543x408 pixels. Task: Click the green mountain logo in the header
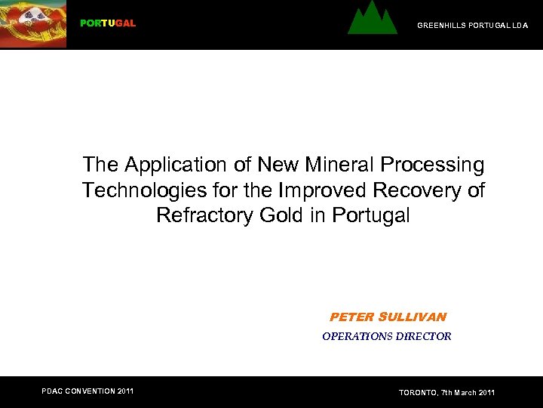(372, 20)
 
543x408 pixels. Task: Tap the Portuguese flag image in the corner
(33, 23)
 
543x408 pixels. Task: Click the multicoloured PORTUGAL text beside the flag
(108, 23)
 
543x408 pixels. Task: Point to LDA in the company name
(520, 26)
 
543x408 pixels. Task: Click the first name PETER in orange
(352, 317)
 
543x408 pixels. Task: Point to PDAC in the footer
(54, 391)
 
